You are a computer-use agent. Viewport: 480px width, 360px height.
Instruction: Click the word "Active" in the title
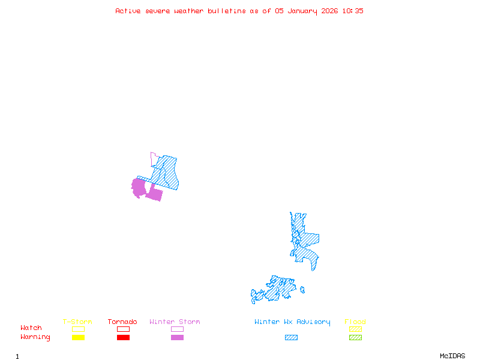click(128, 11)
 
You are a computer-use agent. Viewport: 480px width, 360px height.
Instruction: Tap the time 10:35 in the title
click(353, 11)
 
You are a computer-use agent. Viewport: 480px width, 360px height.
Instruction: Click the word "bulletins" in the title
click(226, 11)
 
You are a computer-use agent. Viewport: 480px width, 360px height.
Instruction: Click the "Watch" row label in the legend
click(31, 328)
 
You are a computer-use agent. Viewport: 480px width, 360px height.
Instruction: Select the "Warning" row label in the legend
click(35, 337)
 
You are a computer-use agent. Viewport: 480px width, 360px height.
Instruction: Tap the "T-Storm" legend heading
click(77, 322)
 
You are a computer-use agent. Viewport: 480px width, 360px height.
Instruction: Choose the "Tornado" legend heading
click(122, 322)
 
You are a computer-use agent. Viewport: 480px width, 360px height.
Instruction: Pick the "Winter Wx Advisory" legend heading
click(292, 322)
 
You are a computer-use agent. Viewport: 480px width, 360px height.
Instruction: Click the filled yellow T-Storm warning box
click(78, 338)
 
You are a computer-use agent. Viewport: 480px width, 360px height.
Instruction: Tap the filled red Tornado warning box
click(123, 338)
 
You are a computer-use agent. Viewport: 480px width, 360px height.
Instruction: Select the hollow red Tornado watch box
click(123, 329)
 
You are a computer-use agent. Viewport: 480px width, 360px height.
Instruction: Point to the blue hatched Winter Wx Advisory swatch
click(291, 338)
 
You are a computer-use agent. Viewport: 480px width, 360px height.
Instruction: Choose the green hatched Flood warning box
click(355, 338)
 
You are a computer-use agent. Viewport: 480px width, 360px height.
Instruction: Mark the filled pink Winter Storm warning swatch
click(177, 338)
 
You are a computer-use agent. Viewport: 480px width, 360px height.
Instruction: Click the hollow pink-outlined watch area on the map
click(154, 159)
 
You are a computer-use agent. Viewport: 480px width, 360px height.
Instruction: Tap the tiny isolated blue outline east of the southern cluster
click(302, 290)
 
